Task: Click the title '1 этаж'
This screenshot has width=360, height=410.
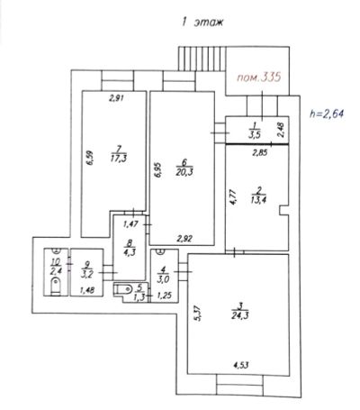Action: point(202,23)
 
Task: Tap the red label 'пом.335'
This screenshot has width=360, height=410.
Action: point(259,77)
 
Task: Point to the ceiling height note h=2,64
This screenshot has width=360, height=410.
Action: point(327,114)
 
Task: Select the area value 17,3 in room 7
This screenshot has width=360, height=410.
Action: point(119,159)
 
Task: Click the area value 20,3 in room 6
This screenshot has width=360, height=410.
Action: point(184,172)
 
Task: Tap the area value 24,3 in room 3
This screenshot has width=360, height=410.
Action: point(240,315)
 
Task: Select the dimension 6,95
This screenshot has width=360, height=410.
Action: point(158,170)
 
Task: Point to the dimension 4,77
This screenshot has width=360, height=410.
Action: point(233,196)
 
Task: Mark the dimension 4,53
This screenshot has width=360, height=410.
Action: point(241,365)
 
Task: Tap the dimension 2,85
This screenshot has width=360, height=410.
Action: point(259,153)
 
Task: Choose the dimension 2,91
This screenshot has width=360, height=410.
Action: point(116,97)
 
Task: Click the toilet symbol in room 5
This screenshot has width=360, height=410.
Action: point(123,289)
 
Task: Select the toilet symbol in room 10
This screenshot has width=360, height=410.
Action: point(56,286)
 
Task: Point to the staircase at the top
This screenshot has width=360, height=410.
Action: point(202,59)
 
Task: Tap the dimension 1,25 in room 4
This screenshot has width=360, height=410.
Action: point(165,296)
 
